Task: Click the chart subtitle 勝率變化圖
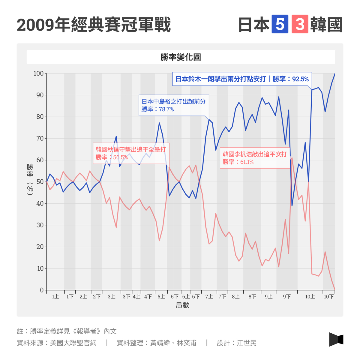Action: [x=181, y=57]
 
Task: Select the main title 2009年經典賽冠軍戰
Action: [x=94, y=25]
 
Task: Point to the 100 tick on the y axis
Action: [x=38, y=73]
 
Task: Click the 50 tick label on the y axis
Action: [x=40, y=182]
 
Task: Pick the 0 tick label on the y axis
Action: [x=42, y=290]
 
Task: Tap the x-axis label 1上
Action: [x=55, y=297]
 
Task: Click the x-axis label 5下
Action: [x=175, y=297]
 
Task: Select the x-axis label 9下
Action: [x=287, y=297]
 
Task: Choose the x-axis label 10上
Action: [x=310, y=297]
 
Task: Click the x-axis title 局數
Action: [x=182, y=305]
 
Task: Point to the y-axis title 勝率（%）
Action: [x=30, y=179]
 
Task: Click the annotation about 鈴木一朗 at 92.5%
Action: [x=242, y=79]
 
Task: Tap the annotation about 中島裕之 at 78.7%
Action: [x=173, y=105]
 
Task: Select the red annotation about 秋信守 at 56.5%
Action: [x=131, y=153]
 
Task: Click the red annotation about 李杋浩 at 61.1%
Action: [x=255, y=158]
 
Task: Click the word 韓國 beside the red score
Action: [x=326, y=25]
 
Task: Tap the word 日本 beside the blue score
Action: [x=254, y=25]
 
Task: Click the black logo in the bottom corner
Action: [x=336, y=339]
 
